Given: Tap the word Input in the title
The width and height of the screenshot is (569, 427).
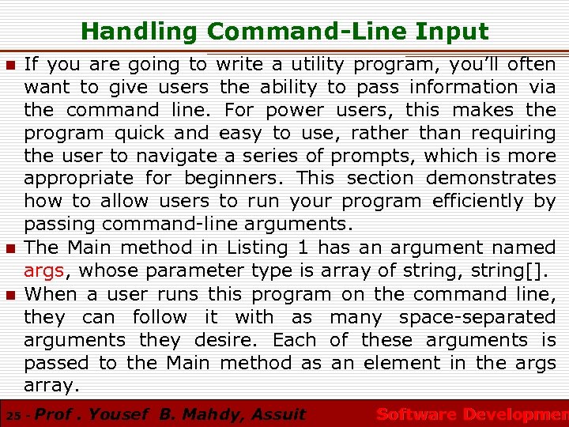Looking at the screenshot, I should [x=455, y=32].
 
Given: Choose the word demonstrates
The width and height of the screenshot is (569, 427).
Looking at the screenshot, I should [x=496, y=179].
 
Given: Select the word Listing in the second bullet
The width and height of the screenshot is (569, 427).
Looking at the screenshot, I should [x=257, y=248].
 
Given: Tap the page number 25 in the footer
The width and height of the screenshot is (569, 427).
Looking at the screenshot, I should [x=12, y=415].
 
